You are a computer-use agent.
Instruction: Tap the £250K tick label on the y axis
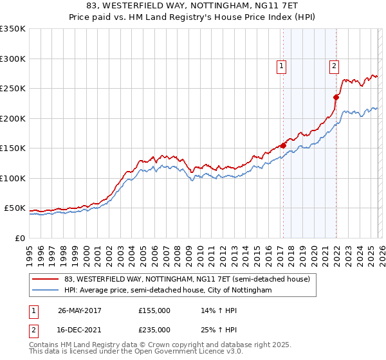(13, 88)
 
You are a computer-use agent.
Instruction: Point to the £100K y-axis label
(13, 178)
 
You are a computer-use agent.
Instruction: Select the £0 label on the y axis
(19, 238)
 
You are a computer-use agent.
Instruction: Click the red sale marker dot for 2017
(283, 145)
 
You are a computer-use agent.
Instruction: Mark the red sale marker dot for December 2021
(336, 98)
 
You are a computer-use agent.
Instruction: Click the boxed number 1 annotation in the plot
(282, 65)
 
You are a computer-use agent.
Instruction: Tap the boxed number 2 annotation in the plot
(335, 65)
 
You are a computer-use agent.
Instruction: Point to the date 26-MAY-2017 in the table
(80, 310)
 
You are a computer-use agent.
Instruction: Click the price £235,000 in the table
(154, 330)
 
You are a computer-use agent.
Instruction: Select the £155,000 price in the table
(154, 310)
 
